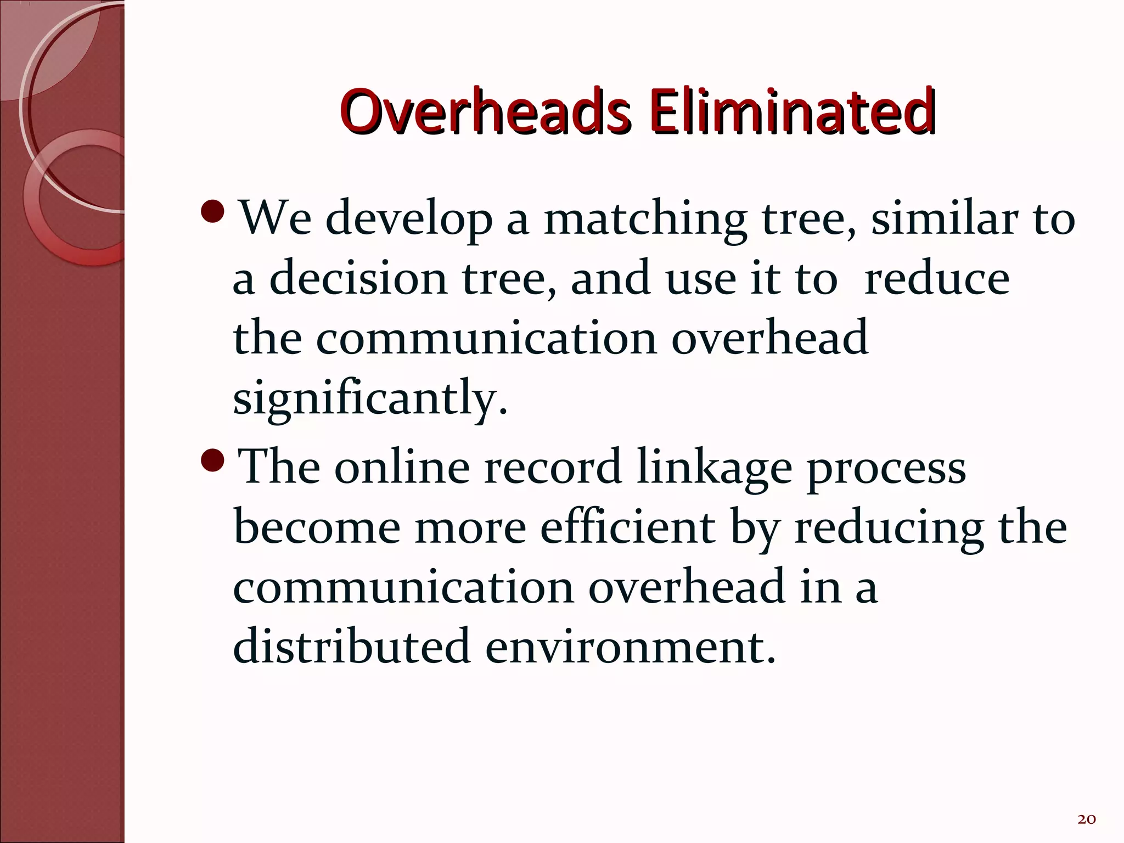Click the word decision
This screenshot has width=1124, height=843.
pos(358,278)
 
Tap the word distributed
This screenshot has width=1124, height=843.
pos(351,647)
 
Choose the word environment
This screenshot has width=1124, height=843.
pos(631,647)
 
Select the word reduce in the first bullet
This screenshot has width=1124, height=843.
pos(936,278)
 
